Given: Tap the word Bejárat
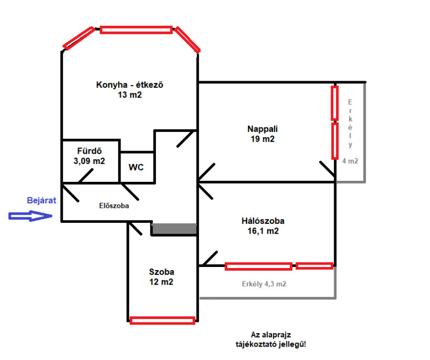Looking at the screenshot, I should (x=41, y=200).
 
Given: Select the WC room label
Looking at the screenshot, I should (x=135, y=167).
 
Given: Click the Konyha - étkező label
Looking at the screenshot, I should (x=129, y=89).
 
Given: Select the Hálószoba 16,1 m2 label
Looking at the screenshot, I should (x=262, y=225).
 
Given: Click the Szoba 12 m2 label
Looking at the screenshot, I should (x=161, y=277).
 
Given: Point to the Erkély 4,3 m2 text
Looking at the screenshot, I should (x=263, y=284).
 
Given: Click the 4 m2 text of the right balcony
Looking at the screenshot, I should (x=350, y=160).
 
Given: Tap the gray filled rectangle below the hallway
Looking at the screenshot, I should (x=174, y=229).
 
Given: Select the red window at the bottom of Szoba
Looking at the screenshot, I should (x=162, y=320).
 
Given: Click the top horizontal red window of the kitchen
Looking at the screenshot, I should (x=136, y=30).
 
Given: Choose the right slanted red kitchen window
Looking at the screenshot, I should (x=187, y=39).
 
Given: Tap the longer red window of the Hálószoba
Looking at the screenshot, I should (x=258, y=266).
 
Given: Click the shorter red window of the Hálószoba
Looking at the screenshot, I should (x=314, y=266).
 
